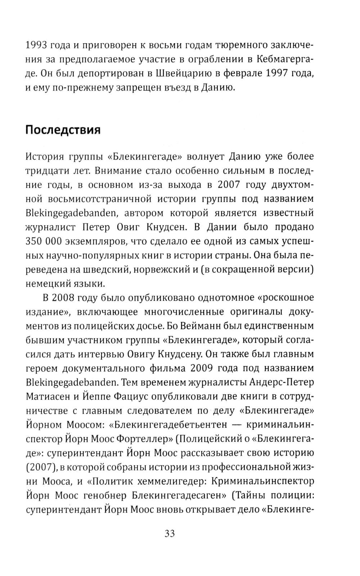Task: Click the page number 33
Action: (x=169, y=533)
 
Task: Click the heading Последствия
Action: (x=63, y=130)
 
